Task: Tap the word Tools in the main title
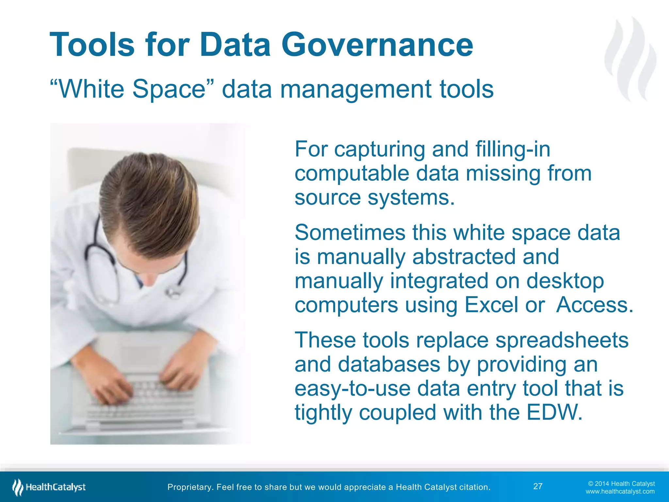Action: (92, 45)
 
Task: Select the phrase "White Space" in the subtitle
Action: (132, 89)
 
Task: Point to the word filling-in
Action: (513, 149)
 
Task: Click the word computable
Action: (351, 174)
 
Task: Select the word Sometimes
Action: (350, 233)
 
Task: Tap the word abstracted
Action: (464, 257)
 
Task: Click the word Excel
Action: (491, 305)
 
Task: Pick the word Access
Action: (595, 305)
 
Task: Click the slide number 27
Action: (538, 486)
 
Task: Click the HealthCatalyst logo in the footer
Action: (49, 487)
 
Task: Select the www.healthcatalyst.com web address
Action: (620, 492)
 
